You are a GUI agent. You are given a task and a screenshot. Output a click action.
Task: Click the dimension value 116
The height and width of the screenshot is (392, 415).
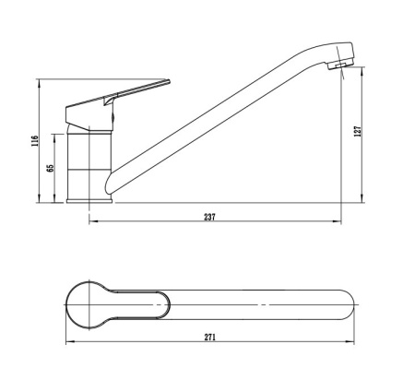[x=35, y=141]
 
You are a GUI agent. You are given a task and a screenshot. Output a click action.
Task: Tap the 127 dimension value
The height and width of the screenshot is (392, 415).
[x=356, y=132]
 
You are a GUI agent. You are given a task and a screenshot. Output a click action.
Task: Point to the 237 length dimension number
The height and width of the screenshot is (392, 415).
[x=210, y=217]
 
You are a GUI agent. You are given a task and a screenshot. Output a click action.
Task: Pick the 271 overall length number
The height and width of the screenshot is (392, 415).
[x=210, y=338]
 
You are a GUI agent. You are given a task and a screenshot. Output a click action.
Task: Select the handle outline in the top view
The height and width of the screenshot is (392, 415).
[x=138, y=304]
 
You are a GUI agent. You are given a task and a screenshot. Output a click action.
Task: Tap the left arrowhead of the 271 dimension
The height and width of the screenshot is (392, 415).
[x=69, y=345]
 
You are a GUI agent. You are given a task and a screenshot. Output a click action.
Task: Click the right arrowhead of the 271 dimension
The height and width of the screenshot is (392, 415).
[x=355, y=345]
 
